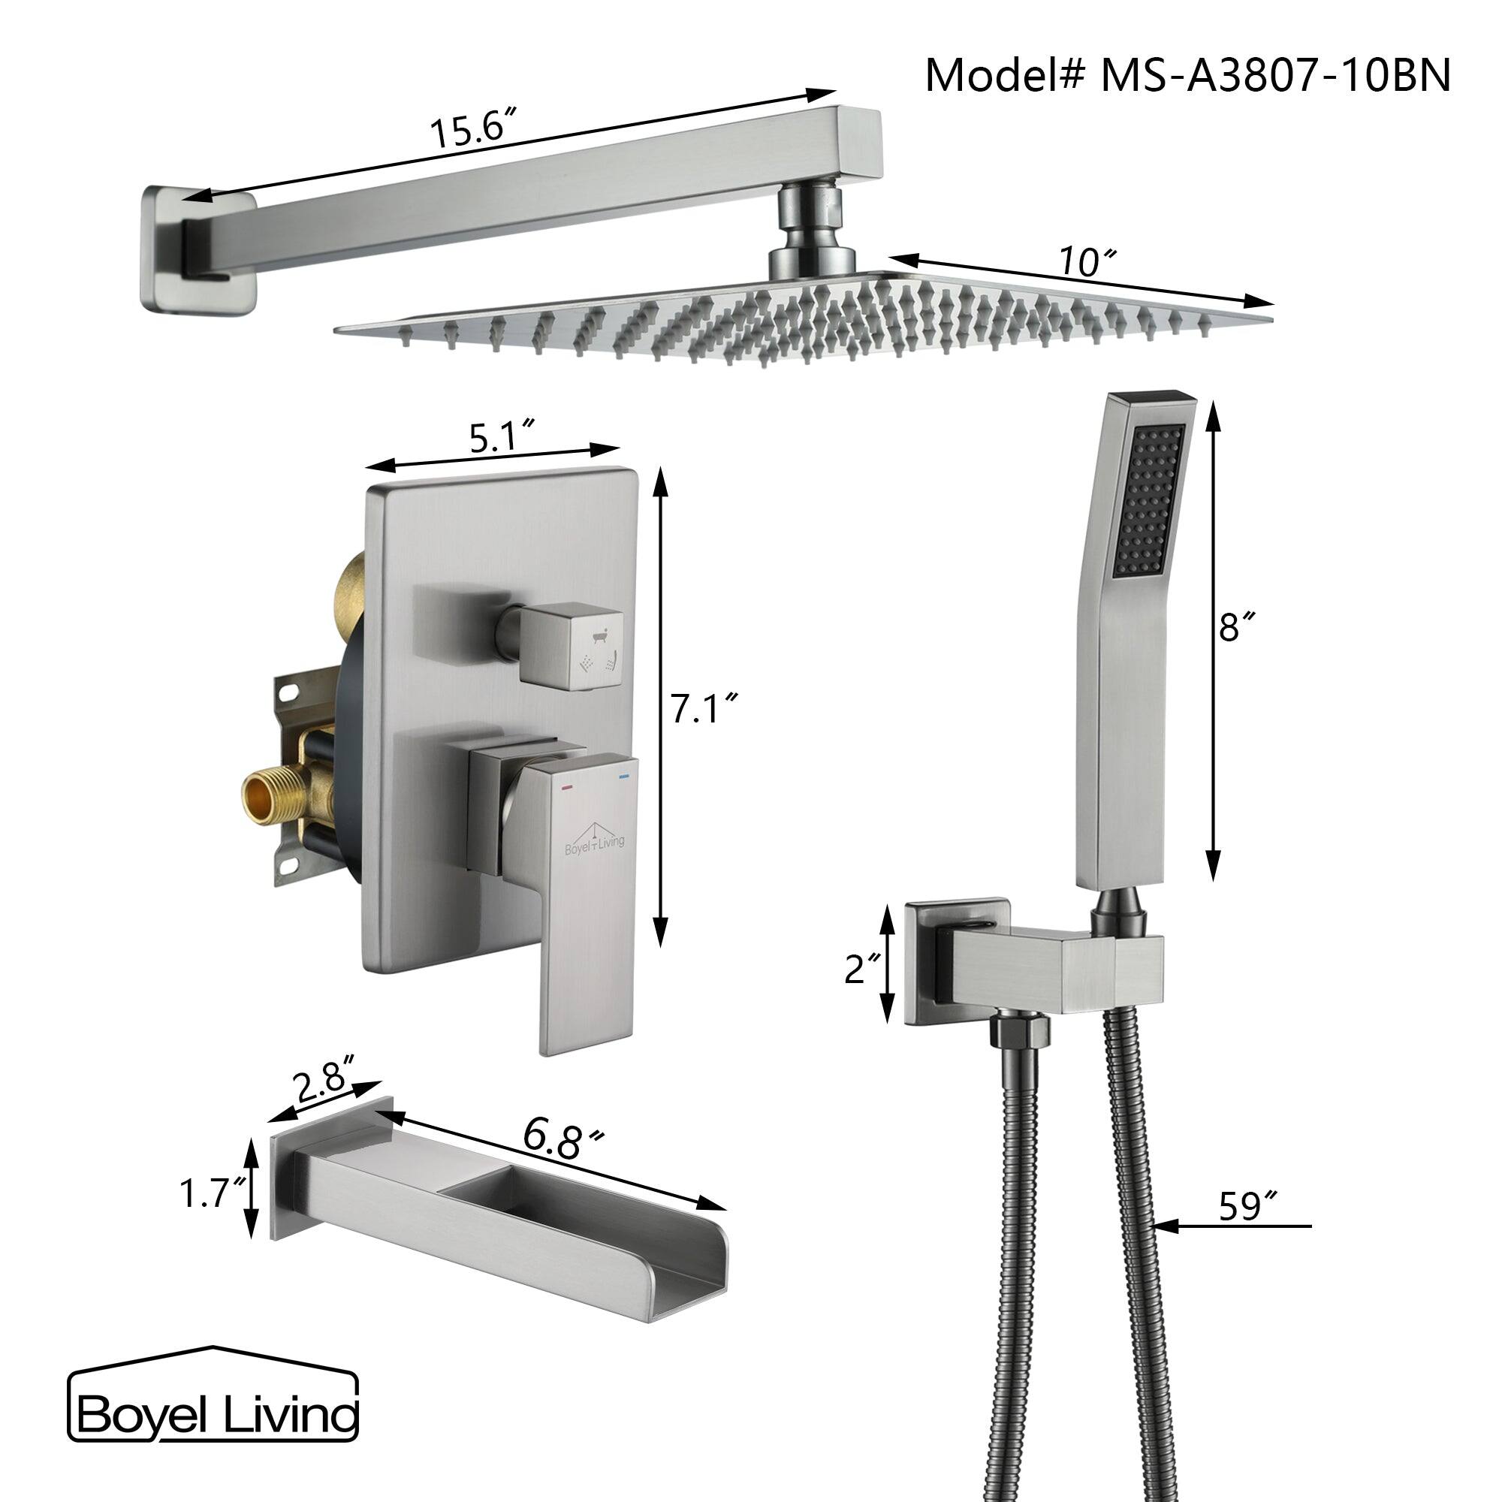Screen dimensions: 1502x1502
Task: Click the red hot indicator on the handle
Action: point(566,777)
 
